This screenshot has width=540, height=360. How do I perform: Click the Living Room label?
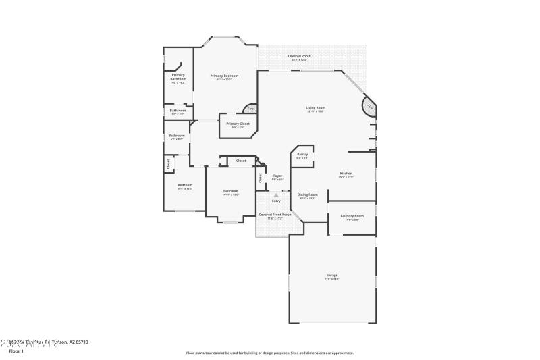click(x=315, y=108)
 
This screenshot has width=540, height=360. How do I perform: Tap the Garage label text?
click(x=332, y=276)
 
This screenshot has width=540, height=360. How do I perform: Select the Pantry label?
click(x=302, y=155)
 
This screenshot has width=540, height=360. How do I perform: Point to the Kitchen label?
click(x=346, y=174)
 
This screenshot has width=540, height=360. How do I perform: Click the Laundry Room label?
click(x=352, y=216)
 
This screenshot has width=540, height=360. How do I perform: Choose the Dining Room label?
click(x=308, y=195)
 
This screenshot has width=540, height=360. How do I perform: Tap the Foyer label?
click(x=277, y=176)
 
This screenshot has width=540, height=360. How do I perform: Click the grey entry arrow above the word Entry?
click(x=275, y=195)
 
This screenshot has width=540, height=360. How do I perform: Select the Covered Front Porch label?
click(x=275, y=215)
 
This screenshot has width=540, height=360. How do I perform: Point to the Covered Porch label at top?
click(x=299, y=56)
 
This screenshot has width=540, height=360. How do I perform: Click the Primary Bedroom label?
click(x=224, y=76)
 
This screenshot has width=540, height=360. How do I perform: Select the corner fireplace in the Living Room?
click(x=369, y=107)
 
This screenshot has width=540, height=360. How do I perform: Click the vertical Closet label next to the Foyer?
click(x=261, y=178)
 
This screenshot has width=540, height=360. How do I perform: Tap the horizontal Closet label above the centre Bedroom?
click(x=241, y=161)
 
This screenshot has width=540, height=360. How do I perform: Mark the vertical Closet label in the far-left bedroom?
click(x=168, y=163)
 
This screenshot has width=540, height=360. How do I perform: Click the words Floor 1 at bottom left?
click(x=16, y=351)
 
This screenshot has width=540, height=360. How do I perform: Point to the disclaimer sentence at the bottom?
click(x=270, y=353)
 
